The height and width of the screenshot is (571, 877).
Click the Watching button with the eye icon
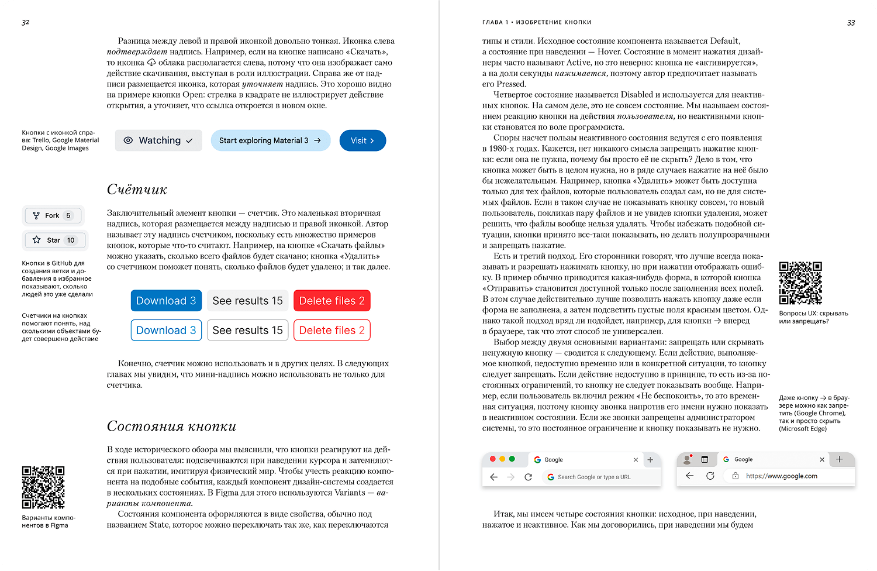[x=158, y=140]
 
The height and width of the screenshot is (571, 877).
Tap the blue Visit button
[x=362, y=140]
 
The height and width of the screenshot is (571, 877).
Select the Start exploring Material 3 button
[x=270, y=140]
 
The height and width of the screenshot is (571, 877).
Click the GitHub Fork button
[x=53, y=215]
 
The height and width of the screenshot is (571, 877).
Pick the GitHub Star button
[x=54, y=240]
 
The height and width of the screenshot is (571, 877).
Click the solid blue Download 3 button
[x=166, y=301]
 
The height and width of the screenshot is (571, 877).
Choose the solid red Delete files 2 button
[x=332, y=301]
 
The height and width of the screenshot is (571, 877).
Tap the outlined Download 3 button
[x=166, y=330]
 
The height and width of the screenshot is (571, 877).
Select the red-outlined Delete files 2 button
[x=332, y=330]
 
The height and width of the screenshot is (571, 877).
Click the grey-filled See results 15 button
[x=247, y=301]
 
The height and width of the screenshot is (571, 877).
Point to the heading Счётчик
[x=137, y=190]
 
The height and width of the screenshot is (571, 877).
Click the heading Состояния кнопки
[x=171, y=426]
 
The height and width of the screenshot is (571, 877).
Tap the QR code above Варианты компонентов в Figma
[x=43, y=487]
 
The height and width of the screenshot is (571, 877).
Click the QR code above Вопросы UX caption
[x=800, y=283]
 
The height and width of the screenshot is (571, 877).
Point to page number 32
[x=25, y=22]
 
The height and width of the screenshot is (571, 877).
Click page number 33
[x=851, y=23]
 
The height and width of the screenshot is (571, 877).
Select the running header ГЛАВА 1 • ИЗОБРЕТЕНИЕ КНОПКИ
[x=537, y=22]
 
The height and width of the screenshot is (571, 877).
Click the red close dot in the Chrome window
[x=492, y=459]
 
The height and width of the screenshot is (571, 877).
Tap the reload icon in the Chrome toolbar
[x=528, y=477]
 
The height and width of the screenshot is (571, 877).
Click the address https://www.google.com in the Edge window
[x=781, y=476]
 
